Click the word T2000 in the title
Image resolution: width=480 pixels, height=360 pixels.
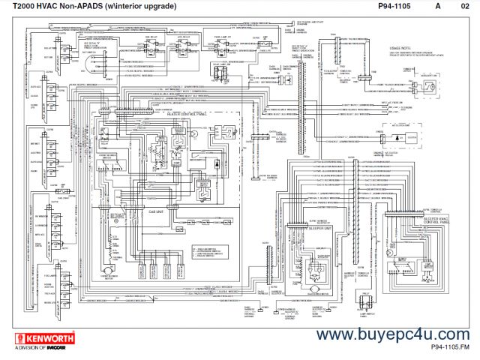coord(27,7)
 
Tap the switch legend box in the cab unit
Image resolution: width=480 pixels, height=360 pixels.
coord(146,242)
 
